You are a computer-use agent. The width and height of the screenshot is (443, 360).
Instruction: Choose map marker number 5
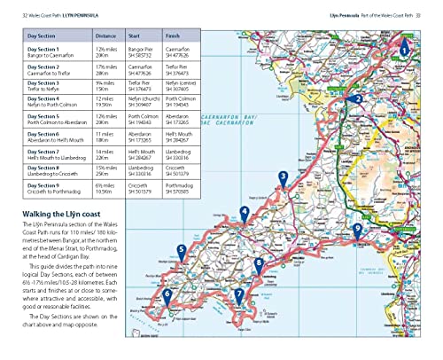pos(181,251)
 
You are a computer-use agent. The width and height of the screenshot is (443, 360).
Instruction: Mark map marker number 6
pos(167,294)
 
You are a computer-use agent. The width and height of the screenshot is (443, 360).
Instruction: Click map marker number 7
pos(238,293)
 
